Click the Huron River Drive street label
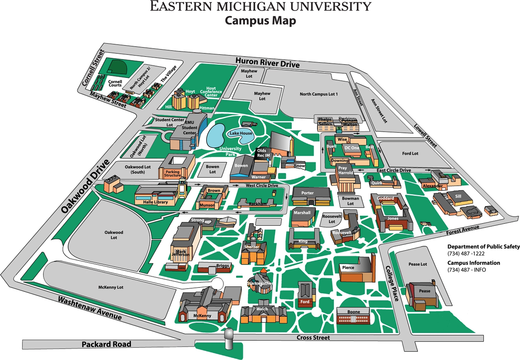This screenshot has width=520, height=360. tap(268, 62)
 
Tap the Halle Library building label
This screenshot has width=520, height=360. tap(155, 202)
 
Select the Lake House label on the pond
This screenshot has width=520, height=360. tap(241, 133)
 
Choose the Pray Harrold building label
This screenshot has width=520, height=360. tap(346, 170)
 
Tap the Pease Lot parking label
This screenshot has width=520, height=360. tap(418, 264)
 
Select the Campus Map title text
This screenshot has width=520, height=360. tap(260, 21)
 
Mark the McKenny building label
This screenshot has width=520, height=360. tap(202, 316)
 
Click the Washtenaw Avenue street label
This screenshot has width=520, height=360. tap(90, 308)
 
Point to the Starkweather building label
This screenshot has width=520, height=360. tap(260, 283)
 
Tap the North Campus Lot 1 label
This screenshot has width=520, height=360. tap(319, 94)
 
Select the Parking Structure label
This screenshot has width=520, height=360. tap(172, 173)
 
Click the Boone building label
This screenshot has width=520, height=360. tap(354, 312)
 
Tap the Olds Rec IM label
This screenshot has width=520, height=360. tap(263, 153)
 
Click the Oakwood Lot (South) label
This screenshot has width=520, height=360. tap(138, 169)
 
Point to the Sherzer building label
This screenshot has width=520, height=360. tap(252, 247)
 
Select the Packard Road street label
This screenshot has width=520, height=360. tap(106, 344)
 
